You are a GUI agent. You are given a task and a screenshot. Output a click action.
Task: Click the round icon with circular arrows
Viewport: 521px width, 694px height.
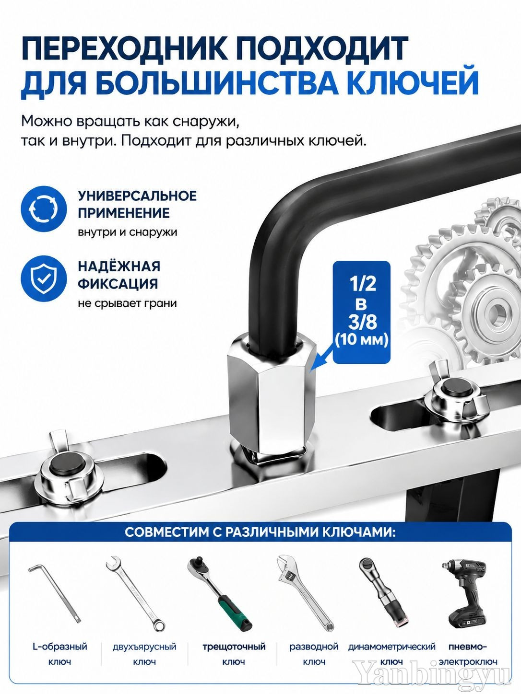click(x=44, y=208)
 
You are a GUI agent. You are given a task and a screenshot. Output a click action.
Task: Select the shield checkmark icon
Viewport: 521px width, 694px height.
click(x=44, y=278)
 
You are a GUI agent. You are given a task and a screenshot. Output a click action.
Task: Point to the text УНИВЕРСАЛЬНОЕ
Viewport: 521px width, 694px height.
click(x=137, y=196)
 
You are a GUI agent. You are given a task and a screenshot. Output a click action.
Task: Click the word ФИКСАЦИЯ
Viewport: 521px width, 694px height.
click(x=118, y=284)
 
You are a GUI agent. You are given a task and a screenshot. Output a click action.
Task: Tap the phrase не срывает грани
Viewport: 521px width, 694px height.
click(x=127, y=303)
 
